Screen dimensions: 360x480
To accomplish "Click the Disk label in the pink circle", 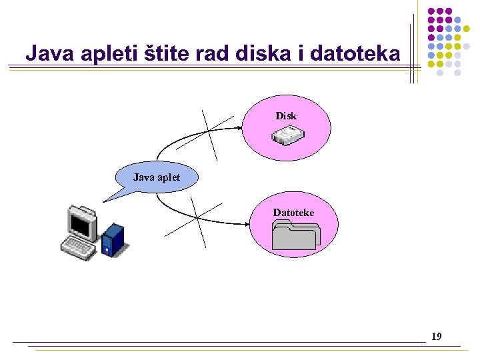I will [x=286, y=116].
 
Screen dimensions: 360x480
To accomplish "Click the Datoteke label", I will [x=293, y=213].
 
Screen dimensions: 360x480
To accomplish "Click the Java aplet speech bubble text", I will [x=156, y=177].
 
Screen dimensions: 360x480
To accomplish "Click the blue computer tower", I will [x=113, y=240].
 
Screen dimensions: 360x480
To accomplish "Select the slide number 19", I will [x=437, y=336].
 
